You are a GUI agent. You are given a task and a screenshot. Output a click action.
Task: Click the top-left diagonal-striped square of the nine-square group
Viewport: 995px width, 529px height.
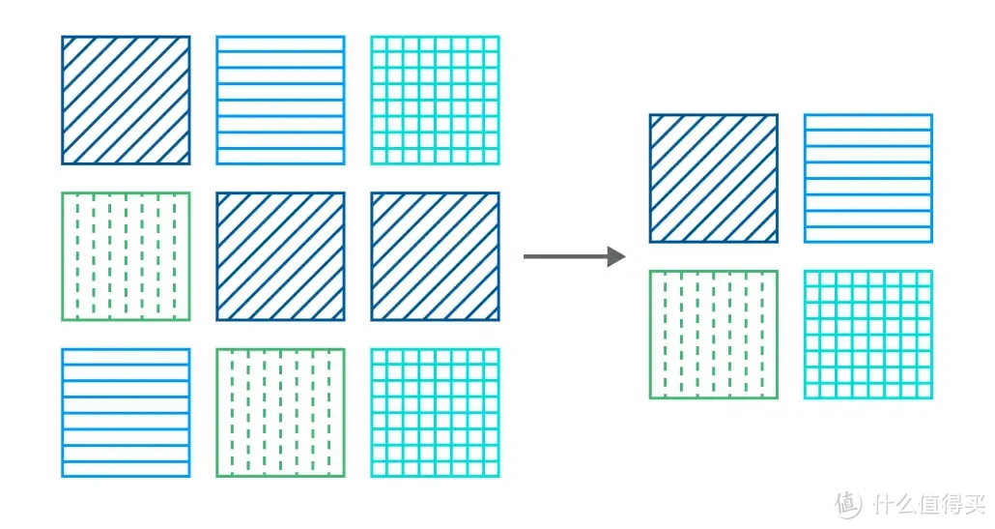[x=126, y=101]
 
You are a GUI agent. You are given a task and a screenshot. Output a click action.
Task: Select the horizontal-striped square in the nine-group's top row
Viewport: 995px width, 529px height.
[x=280, y=101]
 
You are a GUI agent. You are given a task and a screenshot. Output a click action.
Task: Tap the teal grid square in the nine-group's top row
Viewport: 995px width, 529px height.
[x=435, y=101]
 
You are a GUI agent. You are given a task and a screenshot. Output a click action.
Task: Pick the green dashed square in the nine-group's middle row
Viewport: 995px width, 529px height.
[x=126, y=256]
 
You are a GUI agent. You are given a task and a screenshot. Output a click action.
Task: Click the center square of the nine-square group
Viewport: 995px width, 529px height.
[x=280, y=256]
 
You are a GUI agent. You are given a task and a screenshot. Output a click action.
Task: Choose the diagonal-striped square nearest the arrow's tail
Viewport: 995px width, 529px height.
[x=435, y=256]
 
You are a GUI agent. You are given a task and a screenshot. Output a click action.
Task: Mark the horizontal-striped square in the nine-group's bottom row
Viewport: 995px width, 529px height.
[x=126, y=412]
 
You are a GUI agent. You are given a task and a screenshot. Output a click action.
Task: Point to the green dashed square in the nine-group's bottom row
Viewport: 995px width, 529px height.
[x=280, y=412]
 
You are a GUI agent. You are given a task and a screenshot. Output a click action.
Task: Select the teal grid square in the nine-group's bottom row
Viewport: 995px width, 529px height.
[x=435, y=412]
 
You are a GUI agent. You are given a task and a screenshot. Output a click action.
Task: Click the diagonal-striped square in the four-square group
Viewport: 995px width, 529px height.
[x=713, y=178]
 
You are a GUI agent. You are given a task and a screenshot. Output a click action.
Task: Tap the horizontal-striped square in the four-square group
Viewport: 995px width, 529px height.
[x=867, y=178]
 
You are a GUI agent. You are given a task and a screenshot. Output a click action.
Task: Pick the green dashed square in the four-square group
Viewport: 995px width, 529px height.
[x=713, y=334]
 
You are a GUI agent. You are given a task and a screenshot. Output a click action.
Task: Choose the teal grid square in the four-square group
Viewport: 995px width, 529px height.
[x=867, y=334]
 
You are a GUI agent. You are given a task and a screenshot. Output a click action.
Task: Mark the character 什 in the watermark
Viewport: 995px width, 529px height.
[x=881, y=504]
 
